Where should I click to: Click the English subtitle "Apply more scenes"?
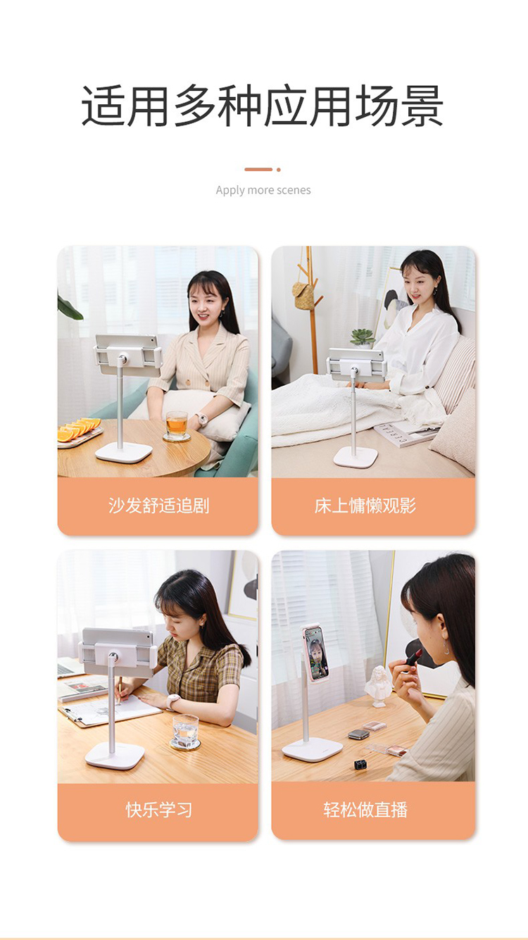[263, 190]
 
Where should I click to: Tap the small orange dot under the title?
[278, 170]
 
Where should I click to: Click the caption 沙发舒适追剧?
[158, 506]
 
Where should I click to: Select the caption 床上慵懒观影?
[365, 506]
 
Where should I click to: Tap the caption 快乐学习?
[158, 810]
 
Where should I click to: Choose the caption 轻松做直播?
[365, 810]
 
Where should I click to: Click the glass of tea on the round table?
[177, 425]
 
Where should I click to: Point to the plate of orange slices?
[79, 432]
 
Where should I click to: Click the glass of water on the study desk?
[186, 732]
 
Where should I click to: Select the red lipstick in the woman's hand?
[413, 657]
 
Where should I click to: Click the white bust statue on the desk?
[378, 686]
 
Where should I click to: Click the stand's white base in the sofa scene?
[123, 452]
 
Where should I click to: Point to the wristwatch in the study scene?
[173, 701]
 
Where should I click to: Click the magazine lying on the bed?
[403, 434]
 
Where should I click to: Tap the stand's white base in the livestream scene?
[313, 748]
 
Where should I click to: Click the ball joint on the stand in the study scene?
[113, 656]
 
